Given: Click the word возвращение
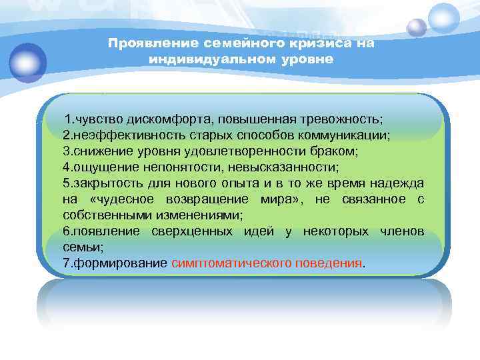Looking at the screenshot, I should click(208, 199).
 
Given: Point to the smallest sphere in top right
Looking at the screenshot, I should click(417, 27).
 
